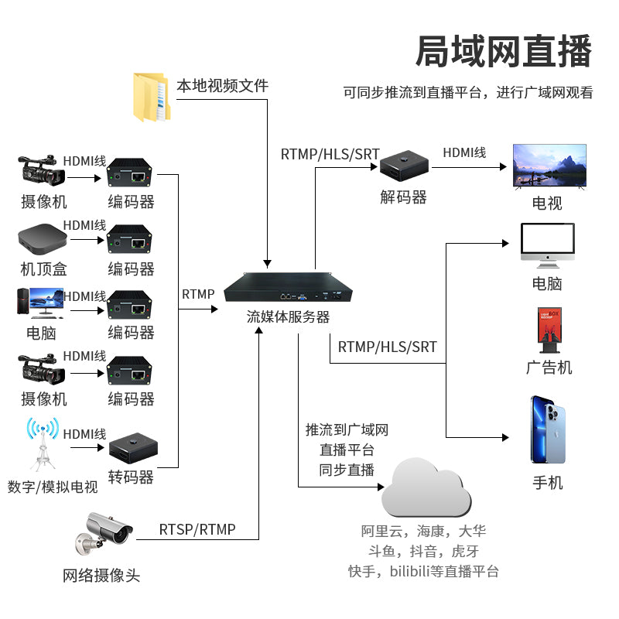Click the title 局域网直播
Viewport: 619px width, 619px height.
point(504,51)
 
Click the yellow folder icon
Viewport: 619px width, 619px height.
point(150,97)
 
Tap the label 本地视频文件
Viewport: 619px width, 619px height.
point(223,85)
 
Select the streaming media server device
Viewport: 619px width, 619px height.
point(289,289)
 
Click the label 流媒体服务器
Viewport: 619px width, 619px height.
point(288,316)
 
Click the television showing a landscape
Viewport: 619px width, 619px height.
point(550,166)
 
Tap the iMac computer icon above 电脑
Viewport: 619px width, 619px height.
point(548,245)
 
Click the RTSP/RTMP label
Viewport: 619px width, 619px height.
point(197,530)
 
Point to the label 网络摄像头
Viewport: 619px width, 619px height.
point(101,576)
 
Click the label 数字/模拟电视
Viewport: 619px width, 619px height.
point(53,487)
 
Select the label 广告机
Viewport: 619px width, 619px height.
point(549,367)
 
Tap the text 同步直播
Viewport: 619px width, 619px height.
point(347,470)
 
